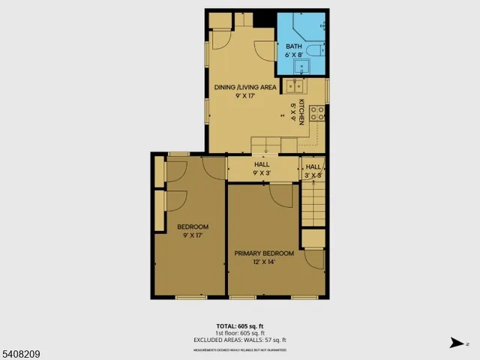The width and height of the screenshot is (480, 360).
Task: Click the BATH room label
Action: click(x=292, y=46)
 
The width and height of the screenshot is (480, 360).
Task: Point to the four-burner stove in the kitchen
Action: click(x=318, y=113)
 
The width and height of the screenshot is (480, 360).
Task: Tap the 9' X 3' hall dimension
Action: click(x=262, y=173)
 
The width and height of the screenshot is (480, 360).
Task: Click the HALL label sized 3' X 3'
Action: click(x=313, y=166)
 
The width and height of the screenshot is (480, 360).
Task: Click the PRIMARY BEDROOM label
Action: click(x=263, y=253)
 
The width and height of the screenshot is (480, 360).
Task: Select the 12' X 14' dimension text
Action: click(x=263, y=262)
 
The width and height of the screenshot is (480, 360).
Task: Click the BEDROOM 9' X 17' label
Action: click(x=193, y=230)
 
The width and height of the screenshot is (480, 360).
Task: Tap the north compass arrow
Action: click(x=457, y=343)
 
